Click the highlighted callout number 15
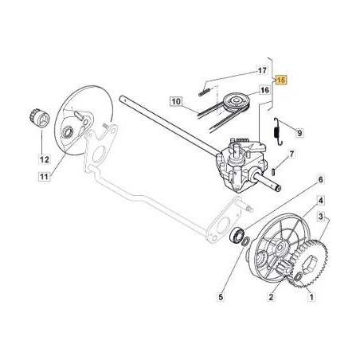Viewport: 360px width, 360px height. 280,80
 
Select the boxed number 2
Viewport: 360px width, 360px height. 272,296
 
